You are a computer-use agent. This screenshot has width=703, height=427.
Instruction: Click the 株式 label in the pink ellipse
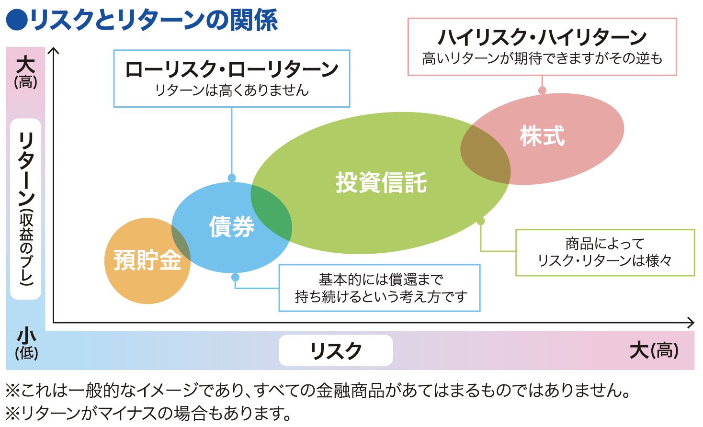point(542,136)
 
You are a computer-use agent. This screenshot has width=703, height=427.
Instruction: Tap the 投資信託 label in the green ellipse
point(381,183)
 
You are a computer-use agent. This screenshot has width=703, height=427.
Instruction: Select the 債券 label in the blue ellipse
point(232,226)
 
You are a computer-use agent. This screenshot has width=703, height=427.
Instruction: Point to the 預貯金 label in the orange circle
point(147,260)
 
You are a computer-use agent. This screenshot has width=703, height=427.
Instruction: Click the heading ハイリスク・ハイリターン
point(542,37)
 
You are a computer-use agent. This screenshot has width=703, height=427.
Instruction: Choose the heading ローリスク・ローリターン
point(232,69)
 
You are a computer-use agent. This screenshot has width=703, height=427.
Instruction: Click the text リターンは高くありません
point(232,90)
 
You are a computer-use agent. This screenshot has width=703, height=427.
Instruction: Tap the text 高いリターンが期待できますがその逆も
point(542,58)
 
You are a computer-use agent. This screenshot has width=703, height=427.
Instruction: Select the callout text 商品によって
point(605,244)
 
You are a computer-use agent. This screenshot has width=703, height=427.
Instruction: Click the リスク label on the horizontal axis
point(336,351)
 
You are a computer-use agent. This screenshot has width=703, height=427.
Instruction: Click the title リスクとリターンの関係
point(153,20)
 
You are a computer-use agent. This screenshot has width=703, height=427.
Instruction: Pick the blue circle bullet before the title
point(16,20)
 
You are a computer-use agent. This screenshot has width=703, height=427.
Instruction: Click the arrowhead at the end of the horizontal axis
point(690,323)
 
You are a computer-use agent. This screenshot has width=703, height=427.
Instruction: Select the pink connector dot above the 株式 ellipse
point(542,90)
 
